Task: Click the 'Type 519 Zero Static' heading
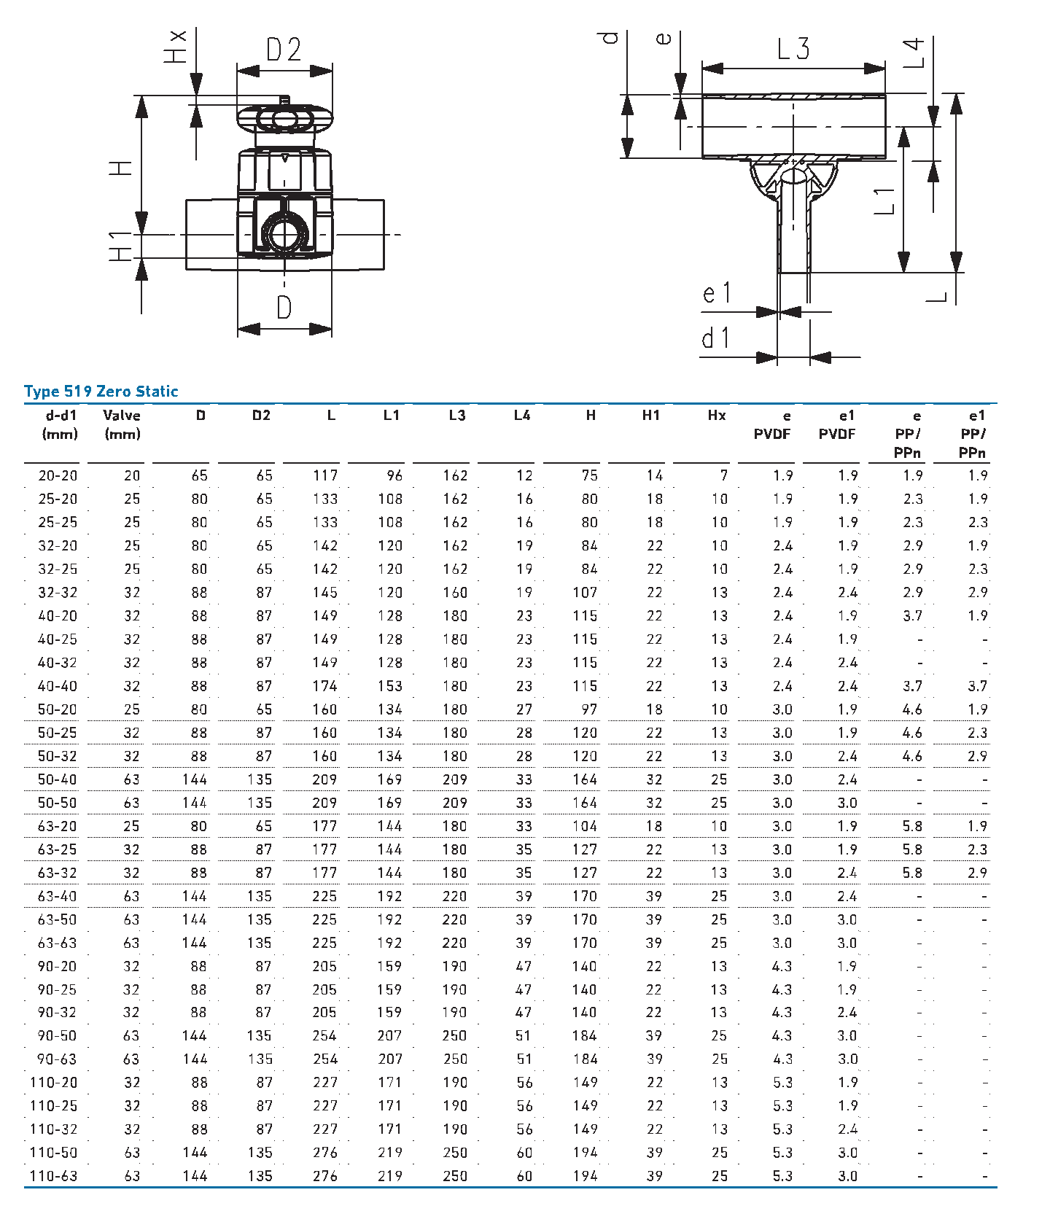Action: point(101,392)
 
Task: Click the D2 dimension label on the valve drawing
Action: point(284,50)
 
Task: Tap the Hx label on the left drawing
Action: point(176,47)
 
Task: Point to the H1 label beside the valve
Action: point(121,246)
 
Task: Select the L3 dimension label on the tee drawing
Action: point(793,49)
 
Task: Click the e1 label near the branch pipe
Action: point(716,293)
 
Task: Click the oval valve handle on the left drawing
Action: point(284,119)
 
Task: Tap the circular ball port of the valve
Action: point(284,234)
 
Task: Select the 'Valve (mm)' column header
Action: point(122,424)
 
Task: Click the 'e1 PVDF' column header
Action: point(837,424)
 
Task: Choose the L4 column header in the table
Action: point(522,416)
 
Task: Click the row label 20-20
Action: point(58,475)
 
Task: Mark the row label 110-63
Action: point(53,1176)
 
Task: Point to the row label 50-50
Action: point(57,803)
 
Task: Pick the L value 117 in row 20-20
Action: point(325,475)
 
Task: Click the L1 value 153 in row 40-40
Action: point(390,686)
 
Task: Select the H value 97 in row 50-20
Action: point(589,709)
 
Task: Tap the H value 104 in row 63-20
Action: point(585,826)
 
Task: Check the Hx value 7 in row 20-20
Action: point(723,475)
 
